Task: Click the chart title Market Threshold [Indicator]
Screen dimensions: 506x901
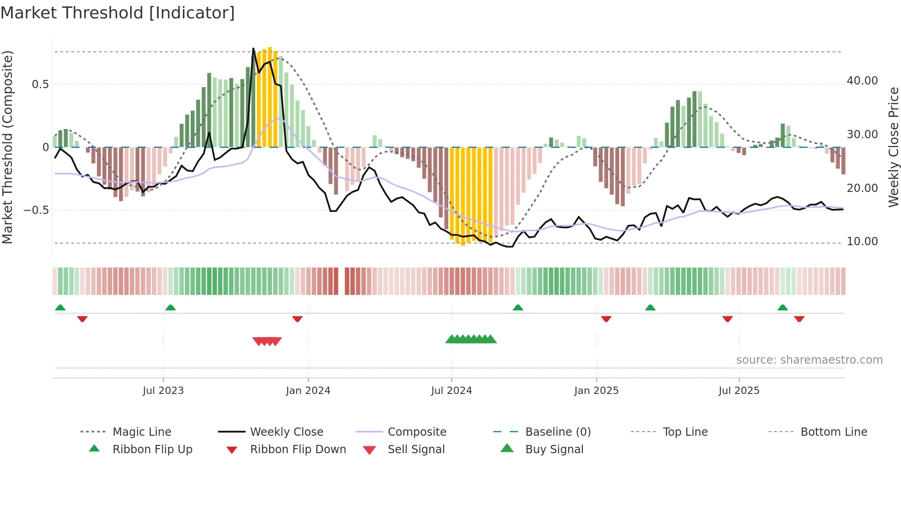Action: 118,13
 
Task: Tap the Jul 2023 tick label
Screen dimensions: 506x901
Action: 163,391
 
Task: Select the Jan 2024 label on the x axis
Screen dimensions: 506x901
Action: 308,391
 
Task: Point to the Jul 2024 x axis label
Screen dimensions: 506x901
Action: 451,391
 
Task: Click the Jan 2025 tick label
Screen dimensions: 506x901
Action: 596,391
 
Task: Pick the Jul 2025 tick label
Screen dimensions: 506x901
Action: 739,391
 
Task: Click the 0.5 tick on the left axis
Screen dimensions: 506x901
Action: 40,84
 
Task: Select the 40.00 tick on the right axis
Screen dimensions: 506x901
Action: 862,81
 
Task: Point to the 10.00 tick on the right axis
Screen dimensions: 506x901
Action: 862,242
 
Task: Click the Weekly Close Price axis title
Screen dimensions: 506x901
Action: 893,147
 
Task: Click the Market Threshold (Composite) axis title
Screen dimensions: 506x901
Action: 7,147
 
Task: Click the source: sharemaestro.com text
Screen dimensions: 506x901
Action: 809,360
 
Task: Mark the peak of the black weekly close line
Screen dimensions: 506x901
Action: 253,48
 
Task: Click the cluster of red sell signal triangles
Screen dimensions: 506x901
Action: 267,341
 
